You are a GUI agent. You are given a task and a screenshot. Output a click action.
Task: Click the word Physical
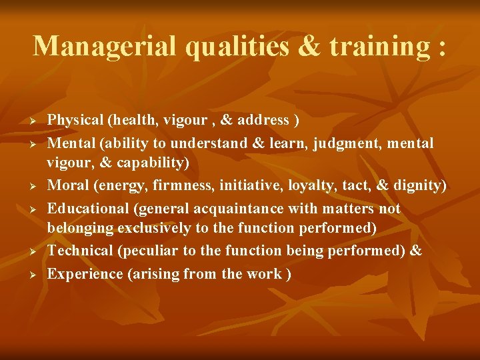pos(75,121)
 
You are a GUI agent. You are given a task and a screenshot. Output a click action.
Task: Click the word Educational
pos(89,209)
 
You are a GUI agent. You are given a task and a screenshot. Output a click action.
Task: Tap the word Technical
pos(81,251)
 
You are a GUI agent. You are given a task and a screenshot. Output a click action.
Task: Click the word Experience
pos(83,274)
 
